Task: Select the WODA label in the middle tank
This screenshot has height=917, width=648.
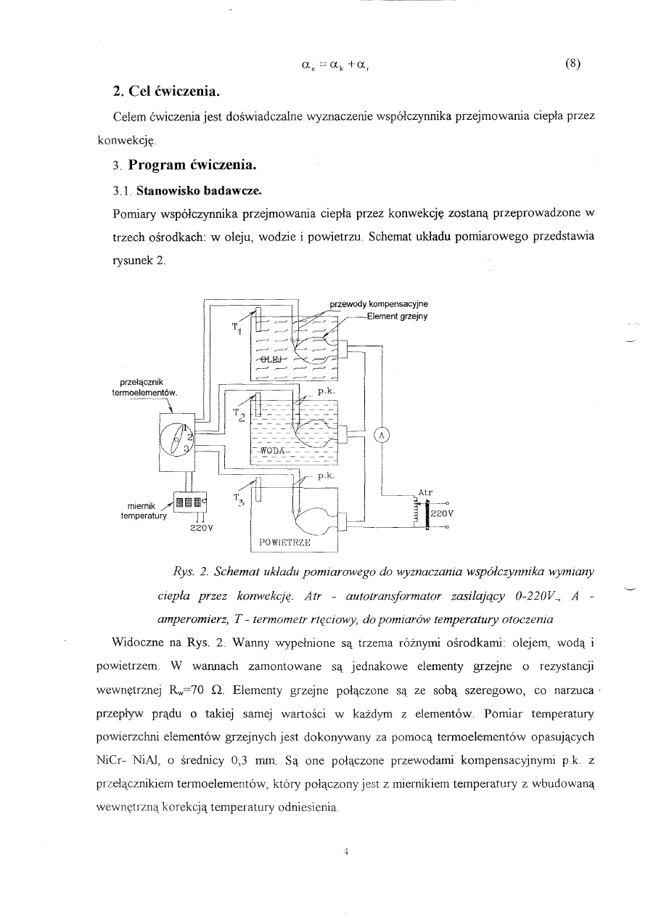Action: (268, 450)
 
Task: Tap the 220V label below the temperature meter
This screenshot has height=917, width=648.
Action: (200, 528)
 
